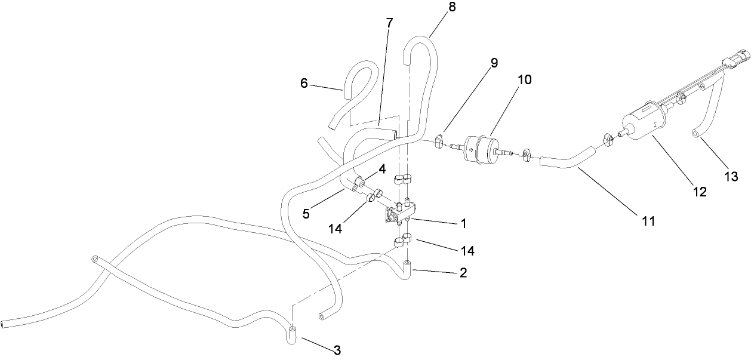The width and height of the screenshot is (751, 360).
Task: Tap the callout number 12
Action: point(699,192)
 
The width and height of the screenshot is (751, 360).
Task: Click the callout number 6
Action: point(304,84)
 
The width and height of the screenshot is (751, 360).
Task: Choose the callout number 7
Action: point(389,23)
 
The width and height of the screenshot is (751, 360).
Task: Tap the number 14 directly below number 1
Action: point(467,251)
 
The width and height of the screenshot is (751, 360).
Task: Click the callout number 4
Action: point(381,169)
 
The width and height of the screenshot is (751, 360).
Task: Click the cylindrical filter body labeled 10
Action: point(481,147)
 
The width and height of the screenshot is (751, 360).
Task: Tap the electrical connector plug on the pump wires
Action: point(732,61)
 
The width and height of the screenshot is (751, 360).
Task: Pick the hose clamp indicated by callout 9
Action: point(438,143)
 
